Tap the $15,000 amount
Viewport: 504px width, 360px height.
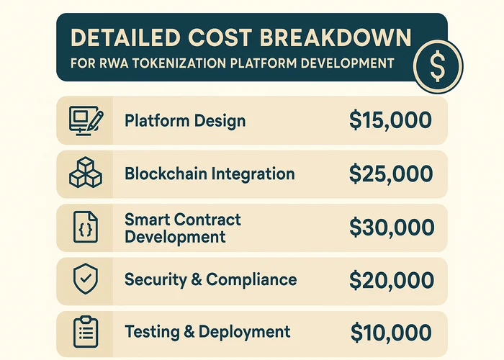point(390,121)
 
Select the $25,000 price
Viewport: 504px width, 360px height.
point(390,174)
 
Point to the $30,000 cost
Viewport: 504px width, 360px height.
point(391,227)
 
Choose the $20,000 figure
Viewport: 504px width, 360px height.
point(391,279)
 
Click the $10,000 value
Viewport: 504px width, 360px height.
point(391,332)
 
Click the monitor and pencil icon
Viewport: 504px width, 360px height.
point(85,120)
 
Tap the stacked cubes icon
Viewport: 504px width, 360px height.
point(85,174)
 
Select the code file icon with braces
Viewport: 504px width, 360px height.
point(85,227)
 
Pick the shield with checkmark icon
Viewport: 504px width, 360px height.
point(85,279)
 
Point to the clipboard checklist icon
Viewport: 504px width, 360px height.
point(85,332)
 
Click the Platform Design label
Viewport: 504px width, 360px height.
point(185,120)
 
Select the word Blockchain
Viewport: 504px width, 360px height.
point(162,174)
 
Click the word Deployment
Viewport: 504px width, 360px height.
point(244,332)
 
